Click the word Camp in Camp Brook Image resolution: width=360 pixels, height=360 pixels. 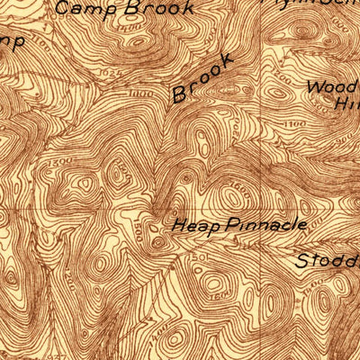pyautogui.click(x=79, y=8)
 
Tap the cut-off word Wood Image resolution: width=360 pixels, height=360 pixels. pyautogui.click(x=332, y=87)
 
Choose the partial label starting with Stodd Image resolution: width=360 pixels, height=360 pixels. pyautogui.click(x=328, y=262)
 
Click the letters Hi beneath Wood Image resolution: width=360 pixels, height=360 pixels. pyautogui.click(x=346, y=104)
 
